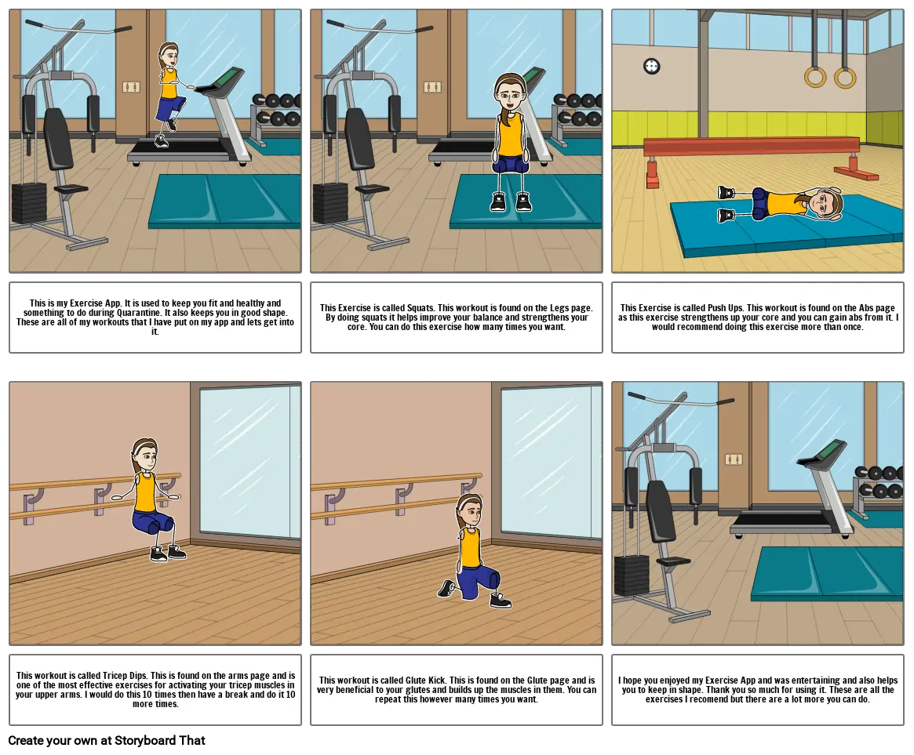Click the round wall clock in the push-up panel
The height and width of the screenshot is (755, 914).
coord(651,67)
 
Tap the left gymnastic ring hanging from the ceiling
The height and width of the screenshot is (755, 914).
coord(814,76)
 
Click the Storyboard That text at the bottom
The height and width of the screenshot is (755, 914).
coord(160,740)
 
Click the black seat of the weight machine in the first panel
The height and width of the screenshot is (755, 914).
coord(71,189)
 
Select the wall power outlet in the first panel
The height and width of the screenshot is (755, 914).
coord(131,87)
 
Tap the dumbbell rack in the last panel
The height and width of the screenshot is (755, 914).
coord(878,488)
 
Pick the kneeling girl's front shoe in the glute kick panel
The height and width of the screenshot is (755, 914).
coord(500,600)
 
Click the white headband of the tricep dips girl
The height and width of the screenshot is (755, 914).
coord(144,445)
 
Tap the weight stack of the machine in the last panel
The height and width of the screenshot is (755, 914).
coord(632,575)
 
